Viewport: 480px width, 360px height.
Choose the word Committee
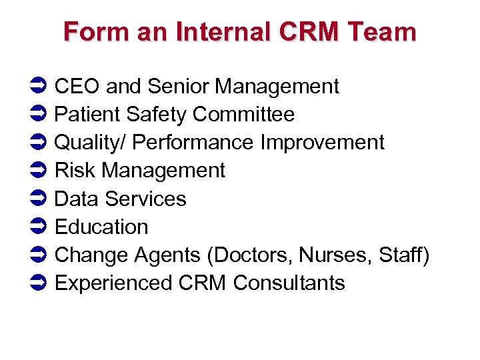click(243, 115)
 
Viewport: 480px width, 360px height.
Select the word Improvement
click(323, 143)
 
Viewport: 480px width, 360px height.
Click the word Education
click(101, 227)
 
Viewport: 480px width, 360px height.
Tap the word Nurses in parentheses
click(336, 255)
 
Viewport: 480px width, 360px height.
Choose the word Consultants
click(289, 283)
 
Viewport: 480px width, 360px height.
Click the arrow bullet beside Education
click(38, 227)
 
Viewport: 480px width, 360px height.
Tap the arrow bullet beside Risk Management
click(38, 171)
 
